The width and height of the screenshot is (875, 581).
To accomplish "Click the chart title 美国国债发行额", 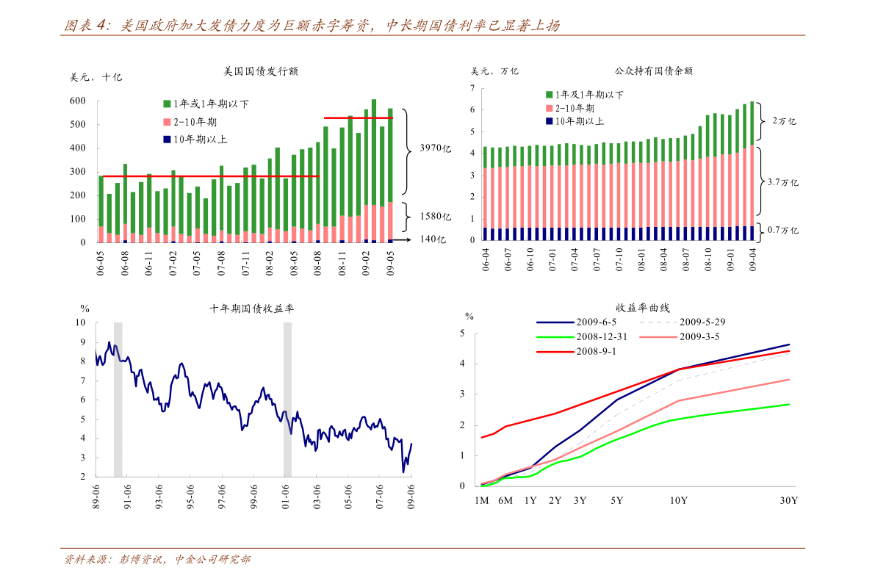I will [x=261, y=71].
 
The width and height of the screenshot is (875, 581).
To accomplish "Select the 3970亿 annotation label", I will [x=435, y=148].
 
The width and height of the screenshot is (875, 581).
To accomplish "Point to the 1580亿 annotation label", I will [x=435, y=217].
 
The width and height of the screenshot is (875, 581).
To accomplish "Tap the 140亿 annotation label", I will [x=433, y=239].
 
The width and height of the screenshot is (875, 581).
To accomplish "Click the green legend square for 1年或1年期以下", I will [x=167, y=104].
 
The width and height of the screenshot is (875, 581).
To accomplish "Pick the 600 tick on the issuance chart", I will [x=78, y=101].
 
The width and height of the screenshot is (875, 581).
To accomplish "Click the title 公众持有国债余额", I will [x=654, y=71].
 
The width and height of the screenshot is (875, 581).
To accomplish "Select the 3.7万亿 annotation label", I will [x=782, y=181].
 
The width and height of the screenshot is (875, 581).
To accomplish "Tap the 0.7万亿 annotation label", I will [x=782, y=230].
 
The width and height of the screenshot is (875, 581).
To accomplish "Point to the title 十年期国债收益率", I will [x=252, y=309].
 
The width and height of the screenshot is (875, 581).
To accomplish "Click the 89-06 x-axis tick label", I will [x=96, y=497].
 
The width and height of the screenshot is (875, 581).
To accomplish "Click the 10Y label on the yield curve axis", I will [x=678, y=501].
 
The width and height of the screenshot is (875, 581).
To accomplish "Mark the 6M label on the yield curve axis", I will [x=505, y=501].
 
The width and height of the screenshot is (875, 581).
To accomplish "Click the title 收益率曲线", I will [x=643, y=308].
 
